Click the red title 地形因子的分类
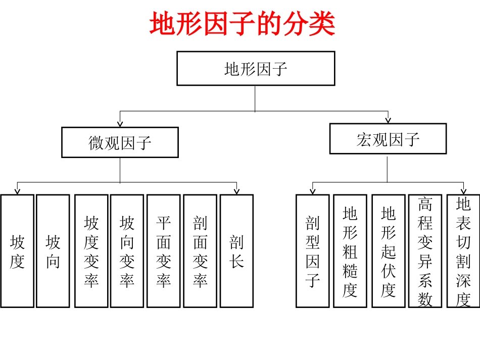pyautogui.click(x=243, y=24)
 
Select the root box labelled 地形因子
pyautogui.click(x=256, y=68)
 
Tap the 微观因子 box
pyautogui.click(x=120, y=142)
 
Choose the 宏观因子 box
pyautogui.click(x=388, y=139)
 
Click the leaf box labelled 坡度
pyautogui.click(x=17, y=251)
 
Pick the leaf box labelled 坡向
pyautogui.click(x=53, y=251)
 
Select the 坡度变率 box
pyautogui.click(x=91, y=251)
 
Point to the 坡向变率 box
pyautogui.click(x=127, y=251)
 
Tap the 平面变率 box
pyautogui.click(x=163, y=251)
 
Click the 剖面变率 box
pyautogui.click(x=200, y=251)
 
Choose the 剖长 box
pyautogui.click(x=236, y=251)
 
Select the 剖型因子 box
pyautogui.click(x=312, y=251)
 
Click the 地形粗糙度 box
pyautogui.click(x=350, y=251)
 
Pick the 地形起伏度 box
pyautogui.click(x=388, y=251)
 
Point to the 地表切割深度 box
pyautogui.click(x=463, y=251)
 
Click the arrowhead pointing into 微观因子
pyautogui.click(x=120, y=123)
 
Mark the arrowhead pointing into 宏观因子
pyautogui.click(x=388, y=120)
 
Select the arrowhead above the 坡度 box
pyautogui.click(x=17, y=191)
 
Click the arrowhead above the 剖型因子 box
pyautogui.click(x=312, y=191)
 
